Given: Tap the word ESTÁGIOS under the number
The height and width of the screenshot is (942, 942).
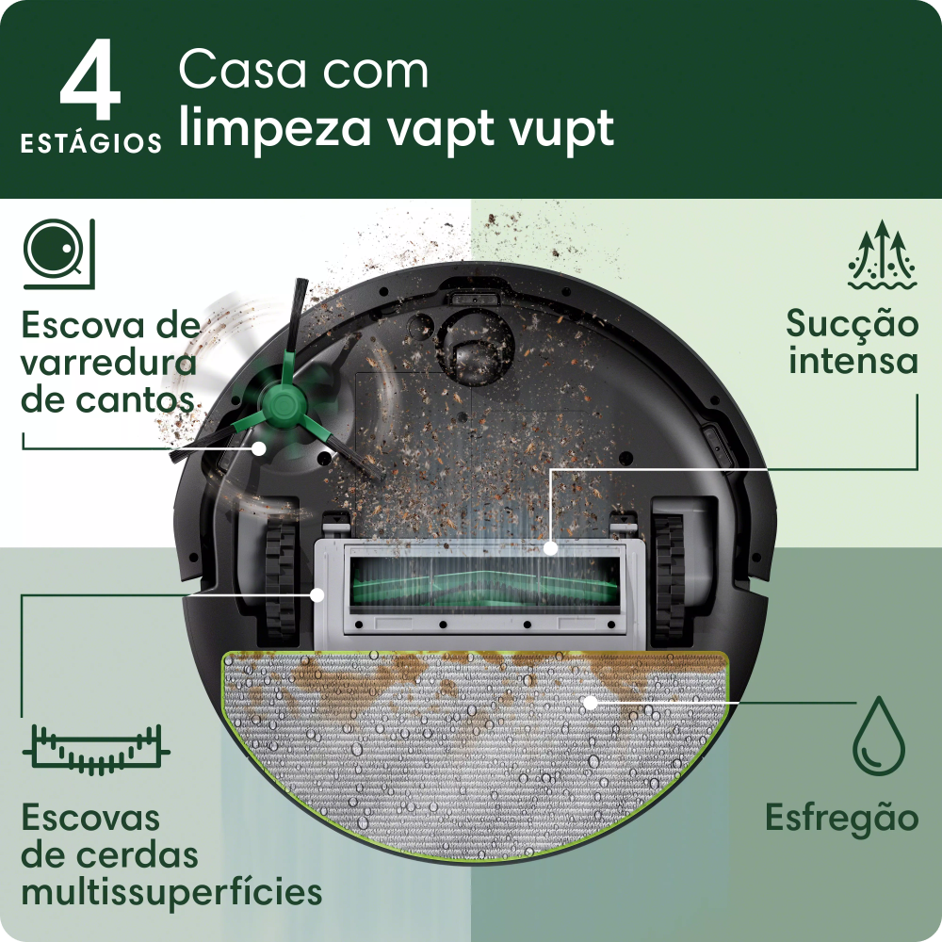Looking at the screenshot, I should tap(91, 144).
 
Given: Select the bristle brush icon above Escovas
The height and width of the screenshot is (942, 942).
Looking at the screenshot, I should tap(95, 749).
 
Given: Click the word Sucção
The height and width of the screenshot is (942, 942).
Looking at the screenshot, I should tap(853, 324).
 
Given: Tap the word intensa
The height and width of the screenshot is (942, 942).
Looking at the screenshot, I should tap(853, 361).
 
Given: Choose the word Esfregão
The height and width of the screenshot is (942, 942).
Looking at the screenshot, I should tap(841, 817).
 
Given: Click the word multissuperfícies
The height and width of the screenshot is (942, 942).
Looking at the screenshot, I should tap(171, 891).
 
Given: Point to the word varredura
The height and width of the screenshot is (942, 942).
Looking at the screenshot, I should tap(108, 364).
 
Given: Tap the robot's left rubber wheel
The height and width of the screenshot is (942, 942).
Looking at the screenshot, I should tap(279, 576).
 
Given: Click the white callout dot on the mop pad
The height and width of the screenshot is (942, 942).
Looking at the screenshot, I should tap(590, 702).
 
